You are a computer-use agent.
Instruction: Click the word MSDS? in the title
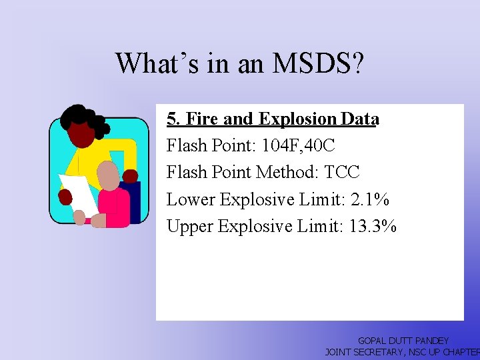pos(318,63)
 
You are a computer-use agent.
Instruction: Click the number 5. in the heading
pos(173,119)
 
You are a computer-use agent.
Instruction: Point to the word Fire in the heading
pos(202,119)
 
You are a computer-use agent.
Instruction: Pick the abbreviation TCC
pos(342,173)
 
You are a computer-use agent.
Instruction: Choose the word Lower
pos(190,199)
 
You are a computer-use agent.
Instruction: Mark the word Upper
pos(190,227)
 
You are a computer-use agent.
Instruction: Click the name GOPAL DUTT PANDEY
pos(403,341)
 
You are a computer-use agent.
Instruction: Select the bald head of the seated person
pos(107,175)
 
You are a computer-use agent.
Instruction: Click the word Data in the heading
pos(359,119)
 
